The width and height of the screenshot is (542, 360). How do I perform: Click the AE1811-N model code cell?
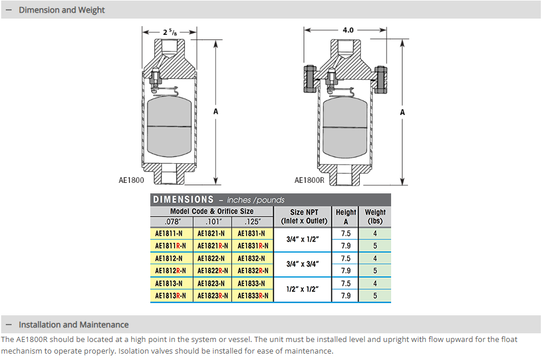169,233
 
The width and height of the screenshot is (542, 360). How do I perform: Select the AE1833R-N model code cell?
253,296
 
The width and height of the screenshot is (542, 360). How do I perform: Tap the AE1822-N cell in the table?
211,258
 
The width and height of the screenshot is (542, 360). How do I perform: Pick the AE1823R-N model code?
211,296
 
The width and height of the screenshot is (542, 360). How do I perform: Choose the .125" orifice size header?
253,221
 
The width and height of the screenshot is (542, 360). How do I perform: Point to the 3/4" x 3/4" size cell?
304,264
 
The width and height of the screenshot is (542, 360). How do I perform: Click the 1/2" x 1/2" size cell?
304,289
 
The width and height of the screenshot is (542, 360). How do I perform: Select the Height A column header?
346,216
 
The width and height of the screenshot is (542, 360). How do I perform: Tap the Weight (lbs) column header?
375,216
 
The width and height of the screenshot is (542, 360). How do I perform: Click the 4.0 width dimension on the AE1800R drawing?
348,30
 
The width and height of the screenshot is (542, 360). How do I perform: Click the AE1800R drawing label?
309,181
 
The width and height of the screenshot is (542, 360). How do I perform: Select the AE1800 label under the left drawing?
131,181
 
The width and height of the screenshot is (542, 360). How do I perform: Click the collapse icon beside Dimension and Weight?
9,10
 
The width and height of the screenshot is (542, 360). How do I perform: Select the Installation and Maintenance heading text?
74,325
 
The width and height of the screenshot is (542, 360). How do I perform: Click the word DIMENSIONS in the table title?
183,200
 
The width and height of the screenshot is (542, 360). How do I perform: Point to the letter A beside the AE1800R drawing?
402,111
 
